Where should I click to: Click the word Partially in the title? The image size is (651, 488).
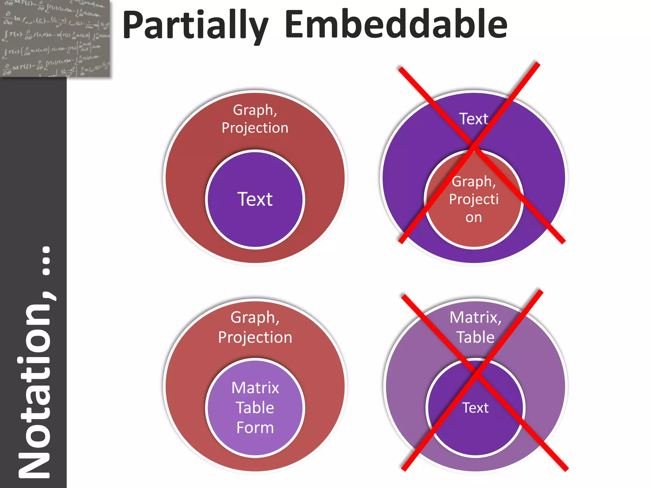195,25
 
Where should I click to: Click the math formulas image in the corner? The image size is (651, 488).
55,38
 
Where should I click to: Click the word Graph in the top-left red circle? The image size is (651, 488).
255,110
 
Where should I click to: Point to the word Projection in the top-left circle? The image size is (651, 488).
255,128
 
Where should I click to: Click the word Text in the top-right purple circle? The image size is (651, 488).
473,119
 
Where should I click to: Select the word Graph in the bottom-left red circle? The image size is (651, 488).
255,317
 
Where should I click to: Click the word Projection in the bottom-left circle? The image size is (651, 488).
255,337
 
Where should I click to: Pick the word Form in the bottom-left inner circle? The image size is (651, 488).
255,428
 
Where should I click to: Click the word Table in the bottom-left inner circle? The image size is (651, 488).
255,408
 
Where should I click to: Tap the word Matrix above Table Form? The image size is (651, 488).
255,388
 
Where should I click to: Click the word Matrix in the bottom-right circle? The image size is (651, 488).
475,317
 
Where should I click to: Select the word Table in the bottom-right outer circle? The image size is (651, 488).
476,337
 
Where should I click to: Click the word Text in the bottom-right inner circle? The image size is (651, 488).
475,408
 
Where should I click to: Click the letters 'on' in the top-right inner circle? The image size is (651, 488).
474,218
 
